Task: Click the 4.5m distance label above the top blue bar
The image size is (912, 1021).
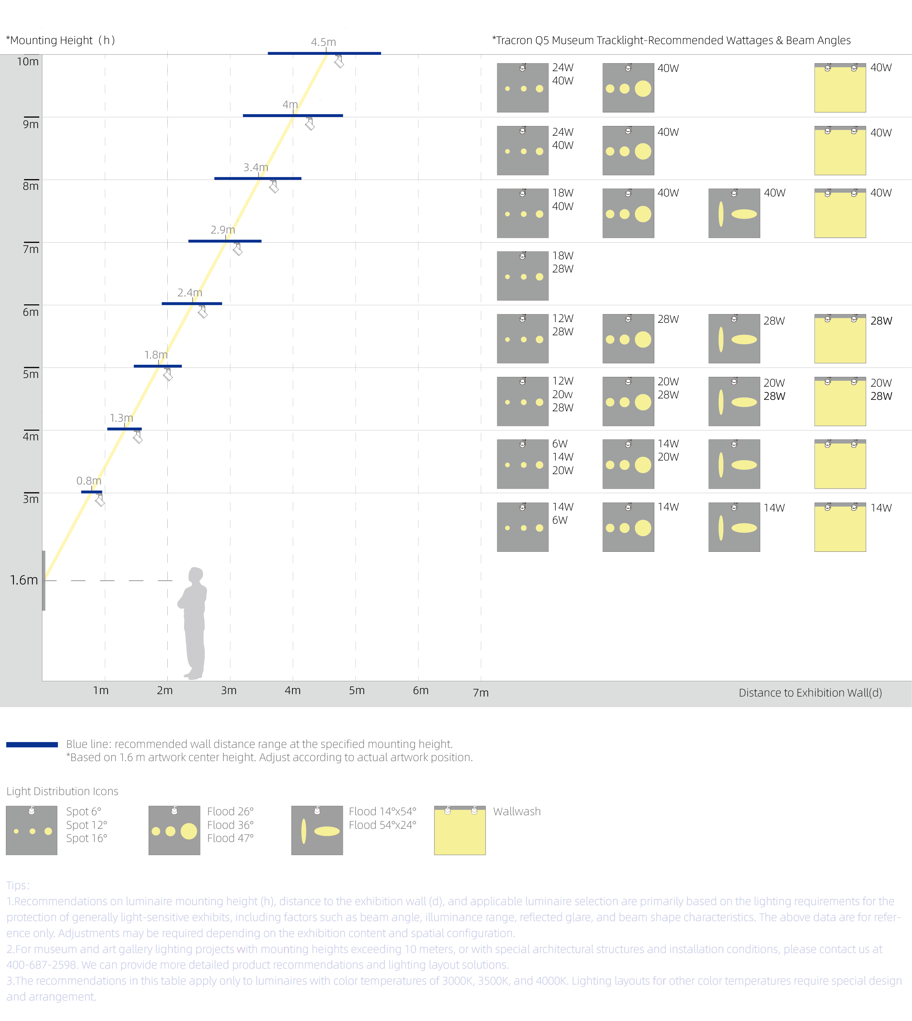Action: [323, 42]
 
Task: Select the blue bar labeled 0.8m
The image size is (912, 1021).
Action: [92, 492]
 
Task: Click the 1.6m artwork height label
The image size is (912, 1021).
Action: [24, 580]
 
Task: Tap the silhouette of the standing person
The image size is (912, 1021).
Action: [193, 623]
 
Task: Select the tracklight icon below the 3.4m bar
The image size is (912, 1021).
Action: [274, 186]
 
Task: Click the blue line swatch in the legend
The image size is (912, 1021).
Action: [32, 745]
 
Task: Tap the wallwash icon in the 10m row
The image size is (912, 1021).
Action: [840, 88]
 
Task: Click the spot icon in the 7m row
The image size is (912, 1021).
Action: [523, 276]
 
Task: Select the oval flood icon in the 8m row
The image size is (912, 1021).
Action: [734, 213]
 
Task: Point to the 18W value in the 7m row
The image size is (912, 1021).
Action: [563, 256]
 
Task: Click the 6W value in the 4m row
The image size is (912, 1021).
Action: [560, 444]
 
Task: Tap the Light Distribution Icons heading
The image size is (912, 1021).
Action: [62, 791]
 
